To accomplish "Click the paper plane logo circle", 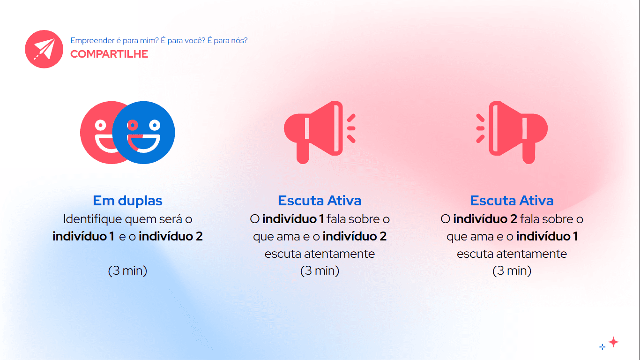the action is coord(44,49).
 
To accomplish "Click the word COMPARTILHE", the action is coord(109,54).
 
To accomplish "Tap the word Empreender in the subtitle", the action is coord(92,41).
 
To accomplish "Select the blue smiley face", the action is coord(143,132).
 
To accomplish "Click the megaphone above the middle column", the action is coord(320,132).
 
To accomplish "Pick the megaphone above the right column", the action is coord(512,132).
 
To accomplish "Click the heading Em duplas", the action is coord(128,201).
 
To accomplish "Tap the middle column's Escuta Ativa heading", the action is coord(320,201).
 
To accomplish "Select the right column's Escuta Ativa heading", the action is coord(512,201).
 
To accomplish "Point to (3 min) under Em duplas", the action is coord(127,270).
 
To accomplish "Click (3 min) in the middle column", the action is coord(320,270).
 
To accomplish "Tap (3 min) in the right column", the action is coord(512,270).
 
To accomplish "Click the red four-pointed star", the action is coord(613,342).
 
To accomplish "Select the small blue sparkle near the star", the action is coord(603,347).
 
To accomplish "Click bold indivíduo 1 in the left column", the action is coord(83,236).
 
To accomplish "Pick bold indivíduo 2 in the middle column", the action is coord(355,236).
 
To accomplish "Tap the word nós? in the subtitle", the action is coord(239,41).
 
